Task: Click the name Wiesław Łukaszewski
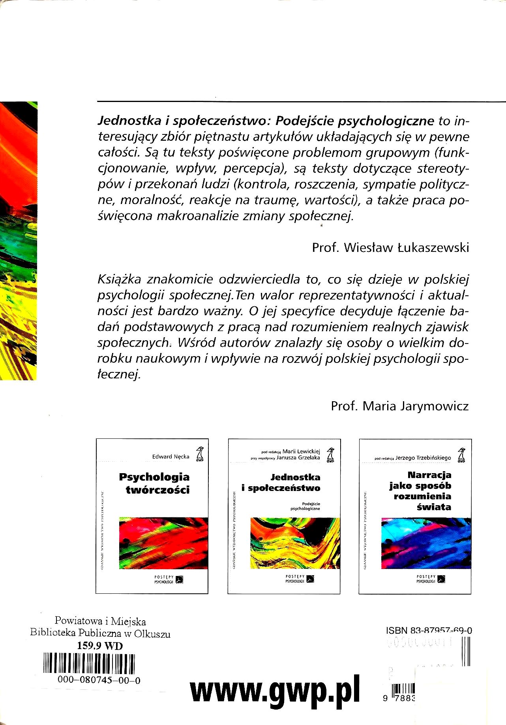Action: (407, 247)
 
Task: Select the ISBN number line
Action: (429, 631)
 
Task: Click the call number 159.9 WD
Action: (100, 646)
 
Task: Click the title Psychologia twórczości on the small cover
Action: (154, 483)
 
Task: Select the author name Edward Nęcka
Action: (171, 457)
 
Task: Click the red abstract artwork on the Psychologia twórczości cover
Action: (163, 543)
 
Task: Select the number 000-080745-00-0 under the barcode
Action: (99, 680)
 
